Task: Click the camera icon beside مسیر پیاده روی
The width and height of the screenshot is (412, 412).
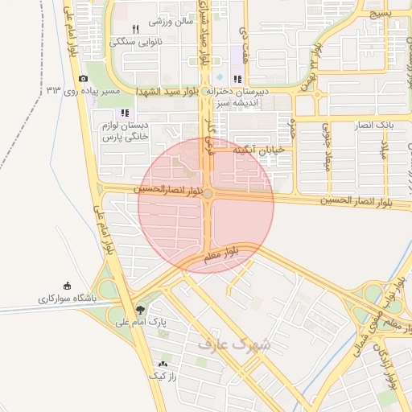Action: pyautogui.click(x=84, y=78)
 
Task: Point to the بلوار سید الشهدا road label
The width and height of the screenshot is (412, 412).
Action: pyautogui.click(x=168, y=91)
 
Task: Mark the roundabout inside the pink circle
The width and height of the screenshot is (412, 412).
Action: pyautogui.click(x=208, y=194)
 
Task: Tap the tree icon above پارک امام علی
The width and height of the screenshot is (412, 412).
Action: pyautogui.click(x=142, y=309)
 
